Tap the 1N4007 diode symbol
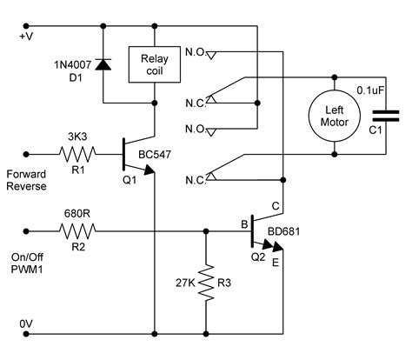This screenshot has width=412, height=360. click(x=103, y=64)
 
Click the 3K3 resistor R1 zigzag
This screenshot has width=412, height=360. click(x=77, y=154)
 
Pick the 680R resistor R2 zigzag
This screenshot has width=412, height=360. click(x=77, y=231)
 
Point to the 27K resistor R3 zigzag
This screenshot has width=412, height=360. click(x=206, y=283)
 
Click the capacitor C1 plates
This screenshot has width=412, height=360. click(x=386, y=116)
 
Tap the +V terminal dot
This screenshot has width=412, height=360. click(x=26, y=26)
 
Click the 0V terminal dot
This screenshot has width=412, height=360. click(x=26, y=334)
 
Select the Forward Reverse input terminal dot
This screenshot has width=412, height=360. click(x=26, y=154)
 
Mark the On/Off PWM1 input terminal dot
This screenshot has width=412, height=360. click(x=26, y=231)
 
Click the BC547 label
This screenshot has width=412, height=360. click(x=155, y=155)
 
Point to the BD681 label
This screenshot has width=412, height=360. click(x=284, y=231)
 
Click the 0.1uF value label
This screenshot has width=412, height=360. click(x=370, y=90)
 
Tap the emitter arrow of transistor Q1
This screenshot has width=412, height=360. click(x=150, y=170)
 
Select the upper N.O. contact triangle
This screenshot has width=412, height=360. click(x=211, y=55)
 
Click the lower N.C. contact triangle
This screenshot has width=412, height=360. click(x=211, y=177)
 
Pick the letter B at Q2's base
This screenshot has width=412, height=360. click(x=244, y=224)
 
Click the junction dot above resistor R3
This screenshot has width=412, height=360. click(x=206, y=231)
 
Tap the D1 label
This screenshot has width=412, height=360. click(x=76, y=77)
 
